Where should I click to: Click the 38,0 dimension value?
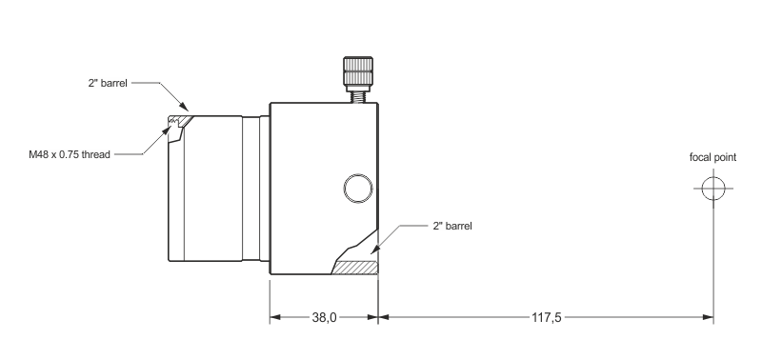point(324,318)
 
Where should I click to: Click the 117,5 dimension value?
point(546,318)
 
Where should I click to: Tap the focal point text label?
point(712,157)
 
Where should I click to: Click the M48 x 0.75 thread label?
point(70,154)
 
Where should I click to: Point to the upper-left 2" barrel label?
point(108,83)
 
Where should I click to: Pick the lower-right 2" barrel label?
point(452,226)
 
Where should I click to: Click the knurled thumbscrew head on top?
point(358,71)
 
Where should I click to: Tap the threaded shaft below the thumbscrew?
point(358,97)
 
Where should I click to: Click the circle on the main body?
point(358,189)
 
